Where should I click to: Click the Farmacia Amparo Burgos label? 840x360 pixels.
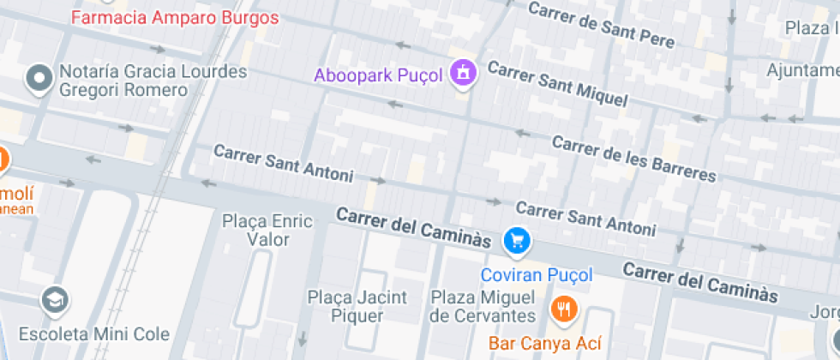coord(175,17)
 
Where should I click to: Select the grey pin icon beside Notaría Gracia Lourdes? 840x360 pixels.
coord(39,79)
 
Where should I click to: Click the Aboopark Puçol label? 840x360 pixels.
coord(378,75)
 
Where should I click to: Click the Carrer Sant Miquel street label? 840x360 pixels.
coord(557,83)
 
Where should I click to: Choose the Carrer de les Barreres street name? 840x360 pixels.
coord(633,158)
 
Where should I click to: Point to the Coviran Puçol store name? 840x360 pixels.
coord(537,275)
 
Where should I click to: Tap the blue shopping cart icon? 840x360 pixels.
coord(517,241)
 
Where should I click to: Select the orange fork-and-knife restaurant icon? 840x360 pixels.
coord(563,308)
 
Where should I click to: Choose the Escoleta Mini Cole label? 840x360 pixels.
coord(94,333)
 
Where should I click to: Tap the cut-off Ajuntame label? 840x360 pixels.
coord(802,69)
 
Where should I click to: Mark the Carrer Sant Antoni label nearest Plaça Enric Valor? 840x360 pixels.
coord(283,163)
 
